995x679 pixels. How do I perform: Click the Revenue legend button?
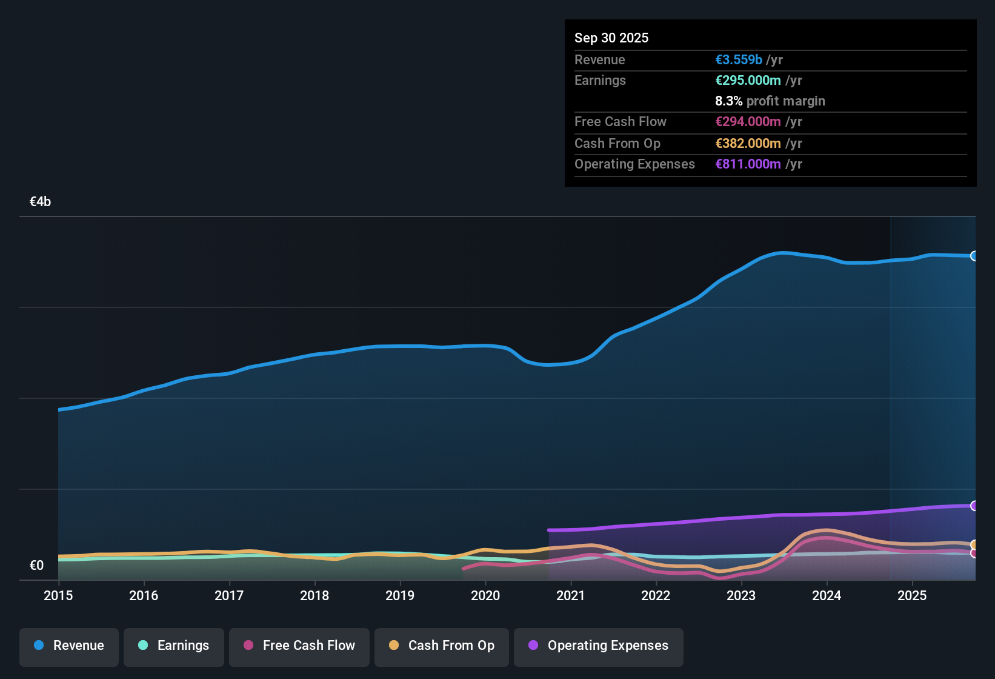pyautogui.click(x=69, y=646)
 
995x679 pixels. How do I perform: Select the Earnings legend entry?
pyautogui.click(x=174, y=646)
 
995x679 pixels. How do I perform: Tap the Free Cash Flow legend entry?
pyautogui.click(x=299, y=646)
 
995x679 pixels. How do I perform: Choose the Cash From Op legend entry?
pyautogui.click(x=442, y=646)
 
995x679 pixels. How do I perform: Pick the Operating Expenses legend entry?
pyautogui.click(x=599, y=646)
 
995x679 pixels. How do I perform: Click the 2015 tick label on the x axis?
pyautogui.click(x=58, y=596)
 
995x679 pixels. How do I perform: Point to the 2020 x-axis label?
pyautogui.click(x=485, y=596)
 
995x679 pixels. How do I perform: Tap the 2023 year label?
pyautogui.click(x=741, y=596)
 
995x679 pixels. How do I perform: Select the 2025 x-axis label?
pyautogui.click(x=912, y=596)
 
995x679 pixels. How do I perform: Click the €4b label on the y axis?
pyautogui.click(x=41, y=202)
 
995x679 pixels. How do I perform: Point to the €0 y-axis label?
pyautogui.click(x=37, y=566)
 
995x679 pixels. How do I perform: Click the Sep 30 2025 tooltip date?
pyautogui.click(x=611, y=38)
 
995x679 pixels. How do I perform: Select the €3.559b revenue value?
pyautogui.click(x=739, y=60)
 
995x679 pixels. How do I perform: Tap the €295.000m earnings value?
pyautogui.click(x=748, y=81)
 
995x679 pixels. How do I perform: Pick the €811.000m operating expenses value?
pyautogui.click(x=748, y=164)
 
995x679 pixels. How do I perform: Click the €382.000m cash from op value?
pyautogui.click(x=748, y=144)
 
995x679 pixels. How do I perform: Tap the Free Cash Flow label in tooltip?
pyautogui.click(x=621, y=122)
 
